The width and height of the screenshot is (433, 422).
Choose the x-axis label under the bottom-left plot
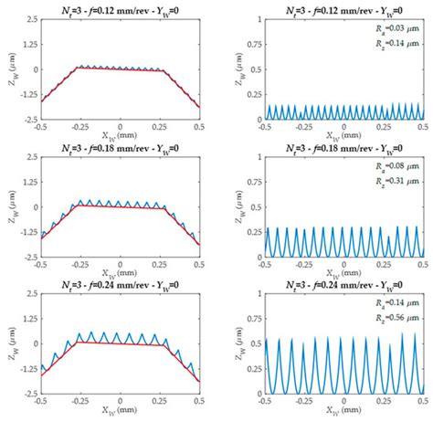pos(118,413)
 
